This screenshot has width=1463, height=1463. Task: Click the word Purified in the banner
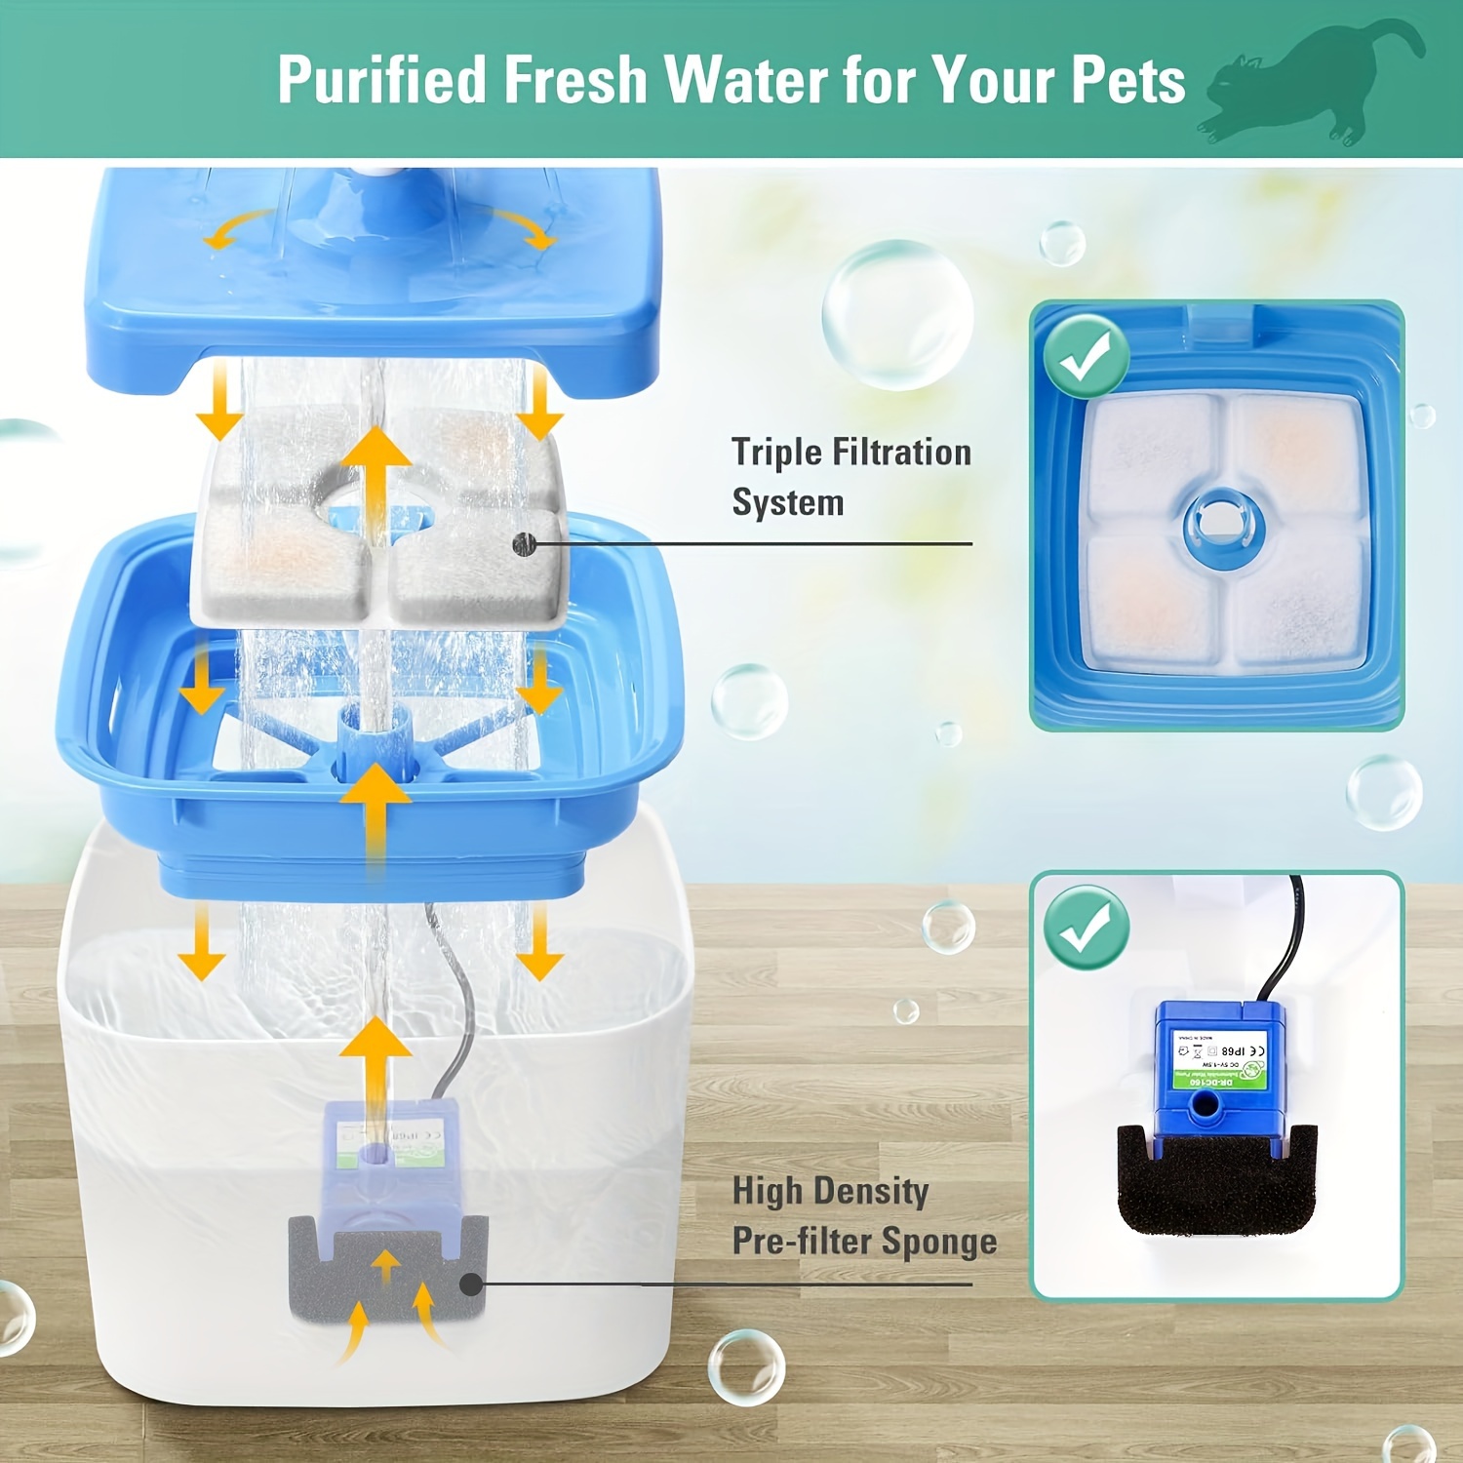[381, 80]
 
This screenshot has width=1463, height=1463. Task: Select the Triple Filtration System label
[850, 477]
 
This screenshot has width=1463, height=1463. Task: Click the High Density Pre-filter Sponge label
[863, 1215]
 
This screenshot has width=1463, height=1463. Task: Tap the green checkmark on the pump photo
[1087, 927]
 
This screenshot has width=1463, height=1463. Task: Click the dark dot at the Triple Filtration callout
[526, 543]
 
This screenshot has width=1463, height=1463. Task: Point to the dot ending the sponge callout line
[471, 1284]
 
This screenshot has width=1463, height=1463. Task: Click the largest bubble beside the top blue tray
[897, 314]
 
